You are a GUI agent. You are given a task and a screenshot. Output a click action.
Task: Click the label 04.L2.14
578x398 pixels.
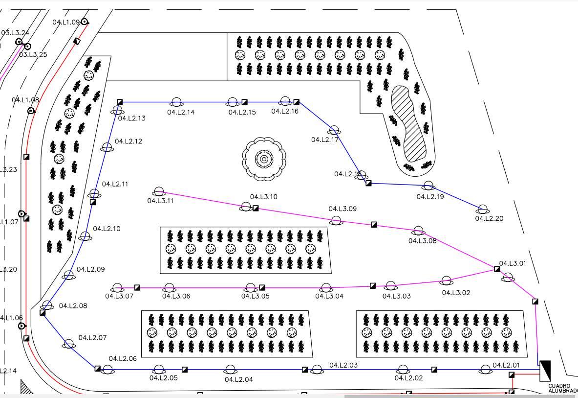pyautogui.click(x=181, y=112)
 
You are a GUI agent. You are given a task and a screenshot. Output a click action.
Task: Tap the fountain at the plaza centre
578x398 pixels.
pyautogui.click(x=264, y=158)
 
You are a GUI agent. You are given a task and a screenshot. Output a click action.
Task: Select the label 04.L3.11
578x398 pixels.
pyautogui.click(x=160, y=200)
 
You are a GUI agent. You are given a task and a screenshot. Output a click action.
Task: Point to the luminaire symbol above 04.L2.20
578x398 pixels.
pyautogui.click(x=483, y=210)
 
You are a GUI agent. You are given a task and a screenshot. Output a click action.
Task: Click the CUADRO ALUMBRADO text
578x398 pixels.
pyautogui.click(x=562, y=388)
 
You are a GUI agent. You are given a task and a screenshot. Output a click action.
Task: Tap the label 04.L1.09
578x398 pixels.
pyautogui.click(x=66, y=22)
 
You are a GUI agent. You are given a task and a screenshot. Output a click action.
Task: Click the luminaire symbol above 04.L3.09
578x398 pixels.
pyautogui.click(x=336, y=221)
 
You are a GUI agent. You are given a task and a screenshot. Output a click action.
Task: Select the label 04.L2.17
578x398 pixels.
pyautogui.click(x=325, y=140)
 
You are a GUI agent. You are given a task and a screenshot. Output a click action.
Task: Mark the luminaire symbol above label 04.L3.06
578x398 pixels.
pyautogui.click(x=169, y=288)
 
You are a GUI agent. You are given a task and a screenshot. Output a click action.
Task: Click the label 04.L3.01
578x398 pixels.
pyautogui.click(x=513, y=263)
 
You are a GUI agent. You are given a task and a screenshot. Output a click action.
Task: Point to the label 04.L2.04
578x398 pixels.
pyautogui.click(x=239, y=379)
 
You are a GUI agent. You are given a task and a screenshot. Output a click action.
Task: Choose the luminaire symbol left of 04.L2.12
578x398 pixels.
pyautogui.click(x=107, y=147)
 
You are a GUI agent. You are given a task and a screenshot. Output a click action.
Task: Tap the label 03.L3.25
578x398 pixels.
pyautogui.click(x=33, y=54)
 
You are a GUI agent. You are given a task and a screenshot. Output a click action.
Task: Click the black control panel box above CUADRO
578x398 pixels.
pyautogui.click(x=545, y=371)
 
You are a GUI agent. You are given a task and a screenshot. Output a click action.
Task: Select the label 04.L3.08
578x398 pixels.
pyautogui.click(x=423, y=240)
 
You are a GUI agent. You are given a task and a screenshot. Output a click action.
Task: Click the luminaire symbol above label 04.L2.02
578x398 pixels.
pyautogui.click(x=403, y=370)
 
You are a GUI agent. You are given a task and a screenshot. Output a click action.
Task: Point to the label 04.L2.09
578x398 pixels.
pyautogui.click(x=90, y=269)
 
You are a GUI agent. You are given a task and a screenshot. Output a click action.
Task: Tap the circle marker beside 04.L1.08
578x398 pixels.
pyautogui.click(x=31, y=111)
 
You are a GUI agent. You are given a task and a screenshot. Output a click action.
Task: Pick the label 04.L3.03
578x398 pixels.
pyautogui.click(x=396, y=296)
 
